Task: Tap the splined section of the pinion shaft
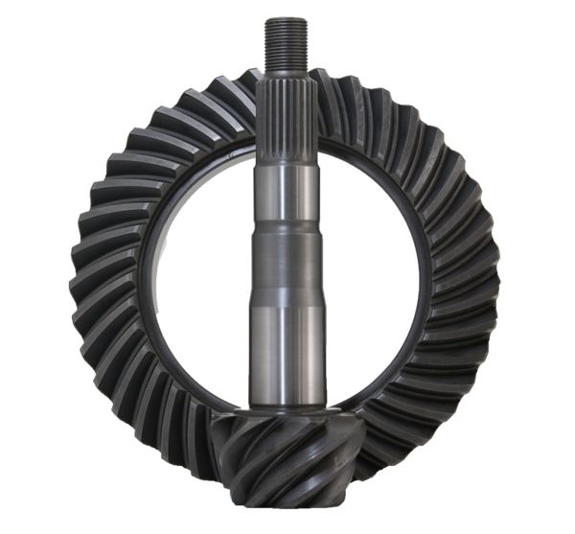(x=287, y=120)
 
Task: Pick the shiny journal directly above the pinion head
(x=287, y=355)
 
